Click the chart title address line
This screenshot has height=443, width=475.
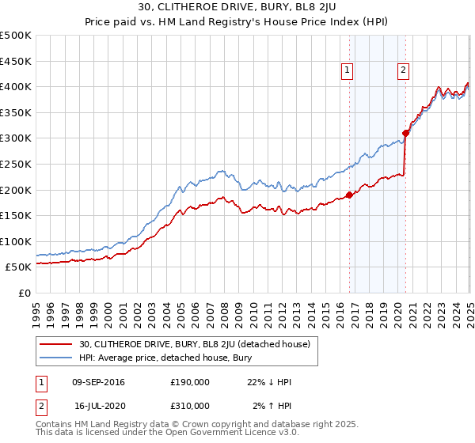click(237, 9)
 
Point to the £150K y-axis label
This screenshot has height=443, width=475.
click(16, 215)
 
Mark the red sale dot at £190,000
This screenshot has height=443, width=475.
click(349, 195)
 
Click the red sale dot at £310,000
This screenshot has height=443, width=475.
click(405, 133)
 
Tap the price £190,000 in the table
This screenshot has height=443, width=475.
click(190, 382)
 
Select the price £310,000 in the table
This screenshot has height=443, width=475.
click(190, 406)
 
